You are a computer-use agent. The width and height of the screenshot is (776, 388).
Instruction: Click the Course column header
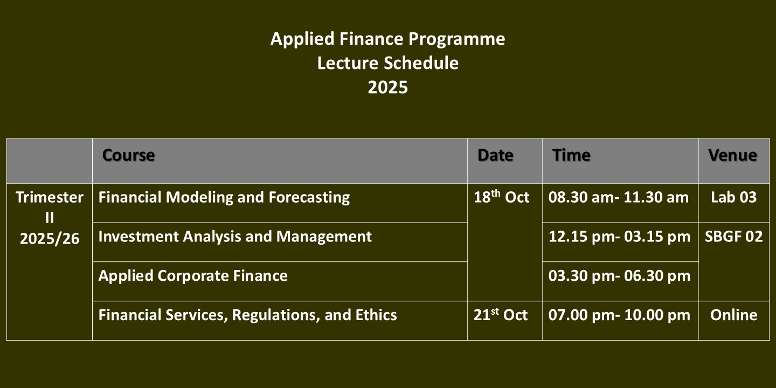[128, 155]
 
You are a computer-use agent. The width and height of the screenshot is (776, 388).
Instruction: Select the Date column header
[495, 155]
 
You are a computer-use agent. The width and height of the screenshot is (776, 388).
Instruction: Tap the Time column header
[571, 155]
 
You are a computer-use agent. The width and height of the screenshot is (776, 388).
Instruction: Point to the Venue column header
[733, 155]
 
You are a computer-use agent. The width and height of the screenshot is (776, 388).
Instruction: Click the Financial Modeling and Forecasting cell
[224, 197]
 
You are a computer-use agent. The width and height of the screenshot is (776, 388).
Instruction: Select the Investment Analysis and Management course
[235, 237]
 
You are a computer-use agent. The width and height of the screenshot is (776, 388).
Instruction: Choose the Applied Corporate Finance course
[193, 276]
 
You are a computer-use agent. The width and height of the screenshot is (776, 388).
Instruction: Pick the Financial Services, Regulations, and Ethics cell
[248, 315]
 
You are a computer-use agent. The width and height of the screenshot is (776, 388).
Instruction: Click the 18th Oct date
[501, 197]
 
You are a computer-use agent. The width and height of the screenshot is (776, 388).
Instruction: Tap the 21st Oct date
[501, 315]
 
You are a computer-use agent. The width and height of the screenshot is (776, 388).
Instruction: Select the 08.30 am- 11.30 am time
[619, 197]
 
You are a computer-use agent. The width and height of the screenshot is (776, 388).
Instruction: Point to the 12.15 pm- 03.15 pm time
[619, 237]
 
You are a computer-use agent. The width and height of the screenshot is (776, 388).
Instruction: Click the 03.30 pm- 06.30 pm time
[619, 276]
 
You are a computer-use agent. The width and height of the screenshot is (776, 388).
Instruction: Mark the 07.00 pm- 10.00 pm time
[619, 315]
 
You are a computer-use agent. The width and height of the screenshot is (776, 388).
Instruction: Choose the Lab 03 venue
[734, 197]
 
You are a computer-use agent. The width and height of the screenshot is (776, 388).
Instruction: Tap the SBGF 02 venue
[734, 237]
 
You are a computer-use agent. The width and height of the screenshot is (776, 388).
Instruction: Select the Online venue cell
[734, 315]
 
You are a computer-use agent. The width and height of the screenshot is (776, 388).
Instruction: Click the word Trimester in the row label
[50, 197]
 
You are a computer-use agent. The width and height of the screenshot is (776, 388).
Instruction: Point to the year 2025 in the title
[387, 87]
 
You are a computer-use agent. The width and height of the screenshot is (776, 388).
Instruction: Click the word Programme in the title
[456, 39]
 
